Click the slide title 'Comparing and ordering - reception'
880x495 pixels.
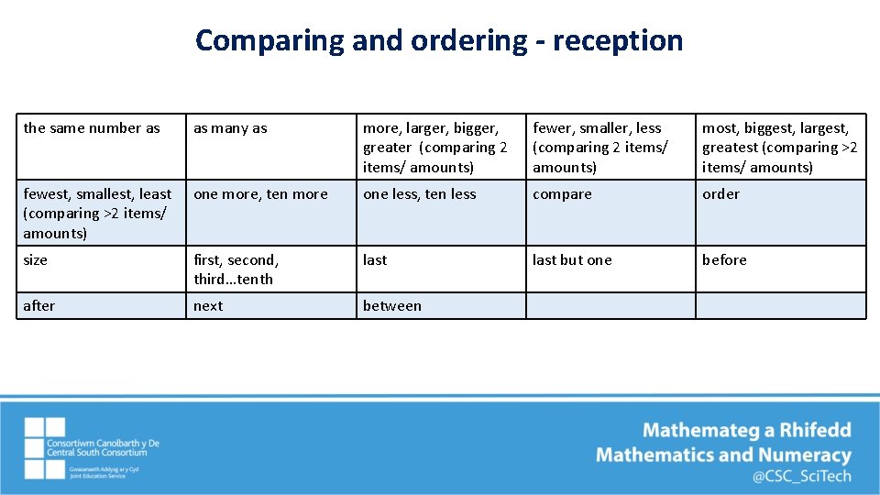(x=439, y=40)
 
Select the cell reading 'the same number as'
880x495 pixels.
(x=92, y=128)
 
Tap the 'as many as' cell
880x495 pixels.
(x=230, y=128)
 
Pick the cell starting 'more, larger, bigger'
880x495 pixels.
(x=434, y=148)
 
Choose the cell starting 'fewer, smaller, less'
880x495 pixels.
(x=600, y=148)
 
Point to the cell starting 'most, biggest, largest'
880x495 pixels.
(x=779, y=148)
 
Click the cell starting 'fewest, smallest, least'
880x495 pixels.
(x=97, y=214)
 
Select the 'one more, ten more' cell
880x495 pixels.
(x=260, y=194)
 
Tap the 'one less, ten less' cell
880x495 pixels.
(x=420, y=194)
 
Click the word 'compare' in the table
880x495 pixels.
(x=562, y=194)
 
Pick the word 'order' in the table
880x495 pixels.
(x=720, y=194)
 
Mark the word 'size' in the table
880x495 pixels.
(x=35, y=260)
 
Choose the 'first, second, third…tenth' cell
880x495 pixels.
(x=236, y=269)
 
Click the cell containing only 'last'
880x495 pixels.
(x=375, y=260)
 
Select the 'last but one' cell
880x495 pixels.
(x=572, y=260)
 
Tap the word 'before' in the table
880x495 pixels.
(x=724, y=260)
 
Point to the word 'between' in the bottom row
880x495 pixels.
(x=392, y=306)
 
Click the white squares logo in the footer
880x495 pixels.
(x=45, y=448)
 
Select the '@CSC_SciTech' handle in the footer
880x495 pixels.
(x=802, y=476)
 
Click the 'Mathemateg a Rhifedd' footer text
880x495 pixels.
(x=747, y=430)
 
